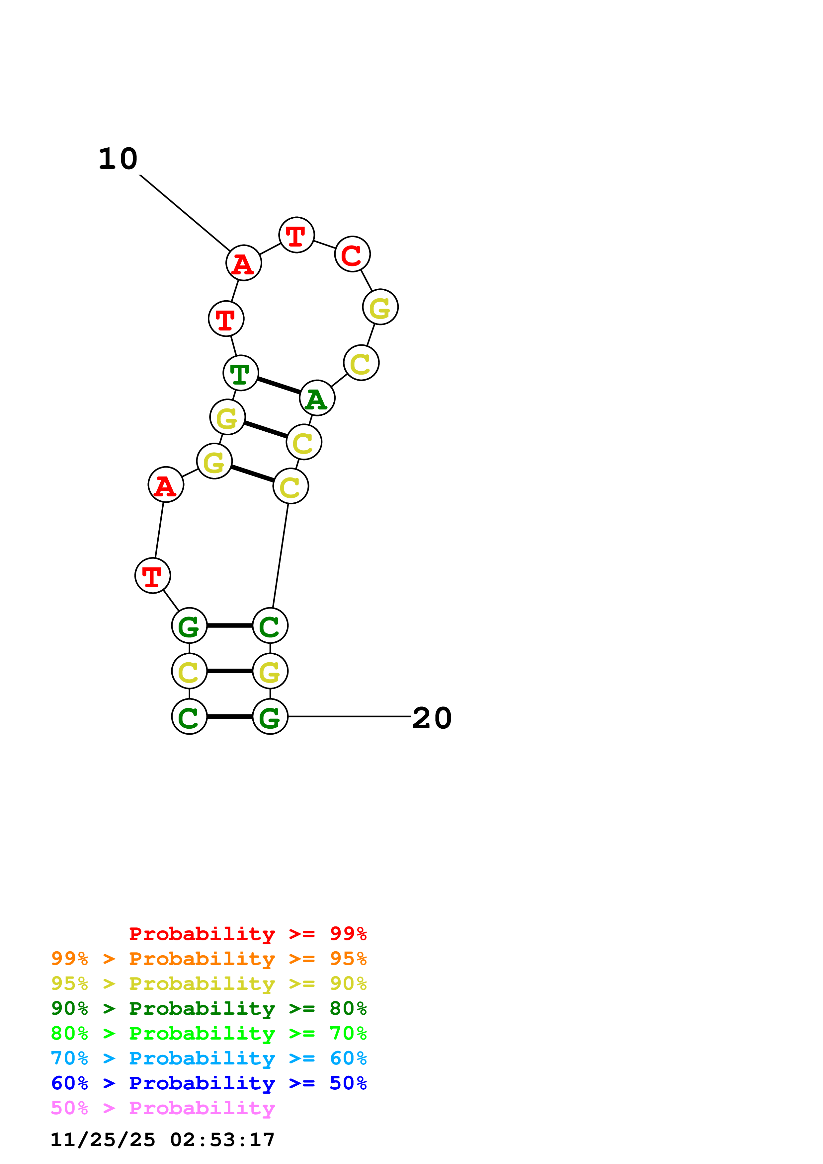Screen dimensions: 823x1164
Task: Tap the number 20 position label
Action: [432, 718]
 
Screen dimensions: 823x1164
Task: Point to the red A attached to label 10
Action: [243, 263]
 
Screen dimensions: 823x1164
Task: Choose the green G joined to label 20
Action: [270, 716]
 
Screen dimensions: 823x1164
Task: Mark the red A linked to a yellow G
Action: [165, 485]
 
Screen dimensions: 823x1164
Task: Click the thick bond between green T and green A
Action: [279, 385]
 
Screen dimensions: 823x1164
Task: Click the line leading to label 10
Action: [185, 213]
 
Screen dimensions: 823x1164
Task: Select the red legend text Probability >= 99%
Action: [247, 934]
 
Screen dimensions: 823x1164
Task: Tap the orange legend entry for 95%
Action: [209, 959]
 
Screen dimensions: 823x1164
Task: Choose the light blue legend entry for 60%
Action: [209, 1058]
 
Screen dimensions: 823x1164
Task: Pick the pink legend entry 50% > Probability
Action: [163, 1108]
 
